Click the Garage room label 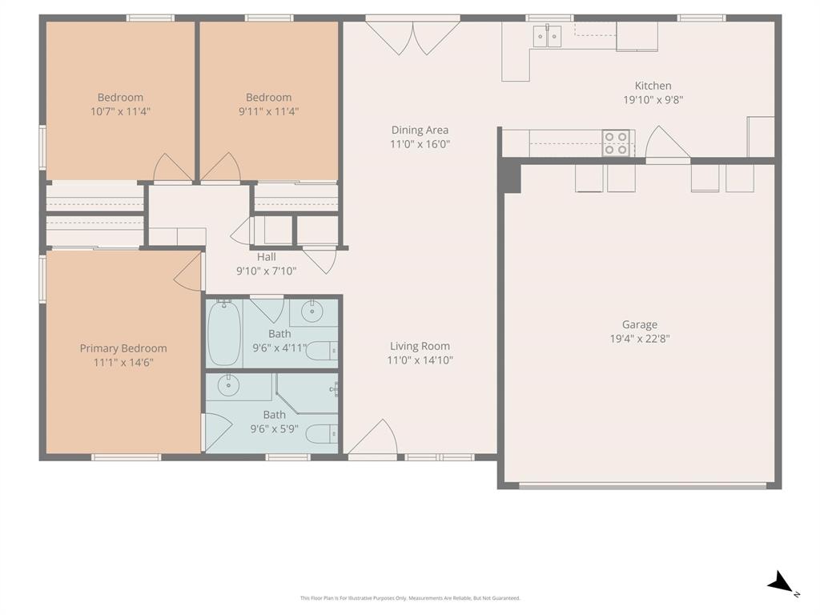tap(639, 324)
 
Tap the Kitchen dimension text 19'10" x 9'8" tap(653, 100)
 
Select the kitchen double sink tap(548, 35)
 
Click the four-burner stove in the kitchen tap(615, 143)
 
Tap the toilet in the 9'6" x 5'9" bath tap(322, 433)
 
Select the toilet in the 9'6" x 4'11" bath tap(322, 350)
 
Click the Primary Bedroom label tap(123, 348)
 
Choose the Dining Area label tap(420, 130)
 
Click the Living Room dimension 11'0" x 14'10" tap(420, 360)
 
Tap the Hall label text tap(267, 257)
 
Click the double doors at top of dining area tap(413, 37)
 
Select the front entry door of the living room tap(372, 440)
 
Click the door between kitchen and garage tap(667, 145)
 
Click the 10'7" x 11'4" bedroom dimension tap(120, 111)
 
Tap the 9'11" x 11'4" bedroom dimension tap(268, 111)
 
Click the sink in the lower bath tap(229, 385)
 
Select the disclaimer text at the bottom tap(410, 598)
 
